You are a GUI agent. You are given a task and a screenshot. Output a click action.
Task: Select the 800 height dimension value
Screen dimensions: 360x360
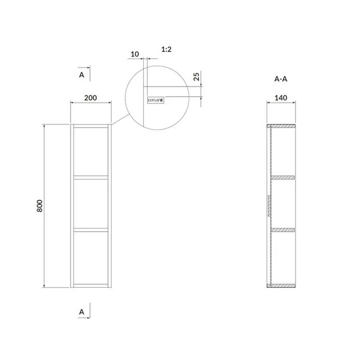[39, 206]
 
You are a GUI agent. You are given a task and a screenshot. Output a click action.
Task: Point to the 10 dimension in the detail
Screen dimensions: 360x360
[134, 54]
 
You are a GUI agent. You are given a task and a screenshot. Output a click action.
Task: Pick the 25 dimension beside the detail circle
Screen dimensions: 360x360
[197, 78]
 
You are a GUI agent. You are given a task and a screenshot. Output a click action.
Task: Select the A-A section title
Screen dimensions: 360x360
[281, 78]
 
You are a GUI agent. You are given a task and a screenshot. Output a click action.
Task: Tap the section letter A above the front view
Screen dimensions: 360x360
[81, 75]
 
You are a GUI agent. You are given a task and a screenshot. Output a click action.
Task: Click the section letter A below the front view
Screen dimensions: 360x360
[81, 311]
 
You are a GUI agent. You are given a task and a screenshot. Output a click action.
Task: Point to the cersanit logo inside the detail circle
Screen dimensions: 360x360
[155, 101]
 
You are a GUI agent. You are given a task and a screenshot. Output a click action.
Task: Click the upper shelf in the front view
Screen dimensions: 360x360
[91, 177]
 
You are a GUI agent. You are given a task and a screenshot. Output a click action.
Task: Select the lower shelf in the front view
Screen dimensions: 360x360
[91, 229]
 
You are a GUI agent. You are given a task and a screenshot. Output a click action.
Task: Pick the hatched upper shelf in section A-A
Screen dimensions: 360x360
[284, 177]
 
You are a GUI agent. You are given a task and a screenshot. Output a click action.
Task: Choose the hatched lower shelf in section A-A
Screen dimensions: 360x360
[284, 229]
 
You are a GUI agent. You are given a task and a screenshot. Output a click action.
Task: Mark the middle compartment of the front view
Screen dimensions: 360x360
[91, 203]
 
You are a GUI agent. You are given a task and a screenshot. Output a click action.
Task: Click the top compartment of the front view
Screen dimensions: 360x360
[91, 152]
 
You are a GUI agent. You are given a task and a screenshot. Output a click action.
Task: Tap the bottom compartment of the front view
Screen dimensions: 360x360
[91, 257]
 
